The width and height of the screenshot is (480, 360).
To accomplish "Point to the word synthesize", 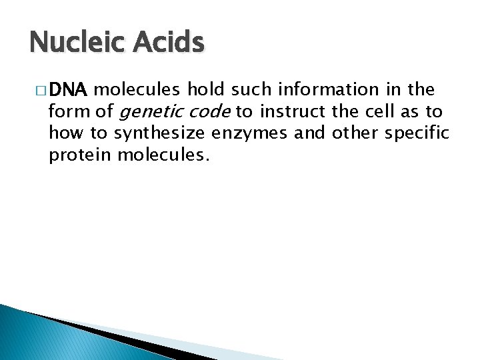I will [x=160, y=133].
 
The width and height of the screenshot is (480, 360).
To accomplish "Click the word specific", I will [x=418, y=133].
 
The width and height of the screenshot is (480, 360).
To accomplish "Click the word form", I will [x=65, y=112].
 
